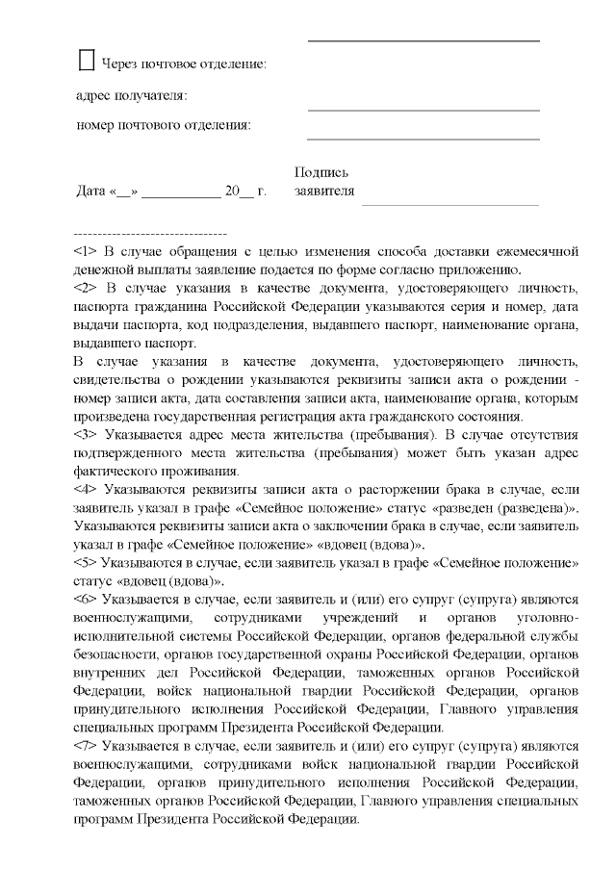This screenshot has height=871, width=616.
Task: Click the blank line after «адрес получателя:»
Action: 423,107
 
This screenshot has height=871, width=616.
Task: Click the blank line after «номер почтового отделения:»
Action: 423,139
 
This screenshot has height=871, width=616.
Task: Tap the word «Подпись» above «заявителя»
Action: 321,172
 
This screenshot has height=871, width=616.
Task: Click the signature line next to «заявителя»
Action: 449,203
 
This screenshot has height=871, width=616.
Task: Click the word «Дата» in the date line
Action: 91,191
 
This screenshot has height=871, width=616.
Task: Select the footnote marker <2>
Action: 85,288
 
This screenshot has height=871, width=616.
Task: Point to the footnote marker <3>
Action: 85,435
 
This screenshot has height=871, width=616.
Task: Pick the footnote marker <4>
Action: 85,490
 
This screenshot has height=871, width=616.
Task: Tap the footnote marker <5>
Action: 85,563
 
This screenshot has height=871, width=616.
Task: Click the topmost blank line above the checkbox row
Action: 423,41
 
